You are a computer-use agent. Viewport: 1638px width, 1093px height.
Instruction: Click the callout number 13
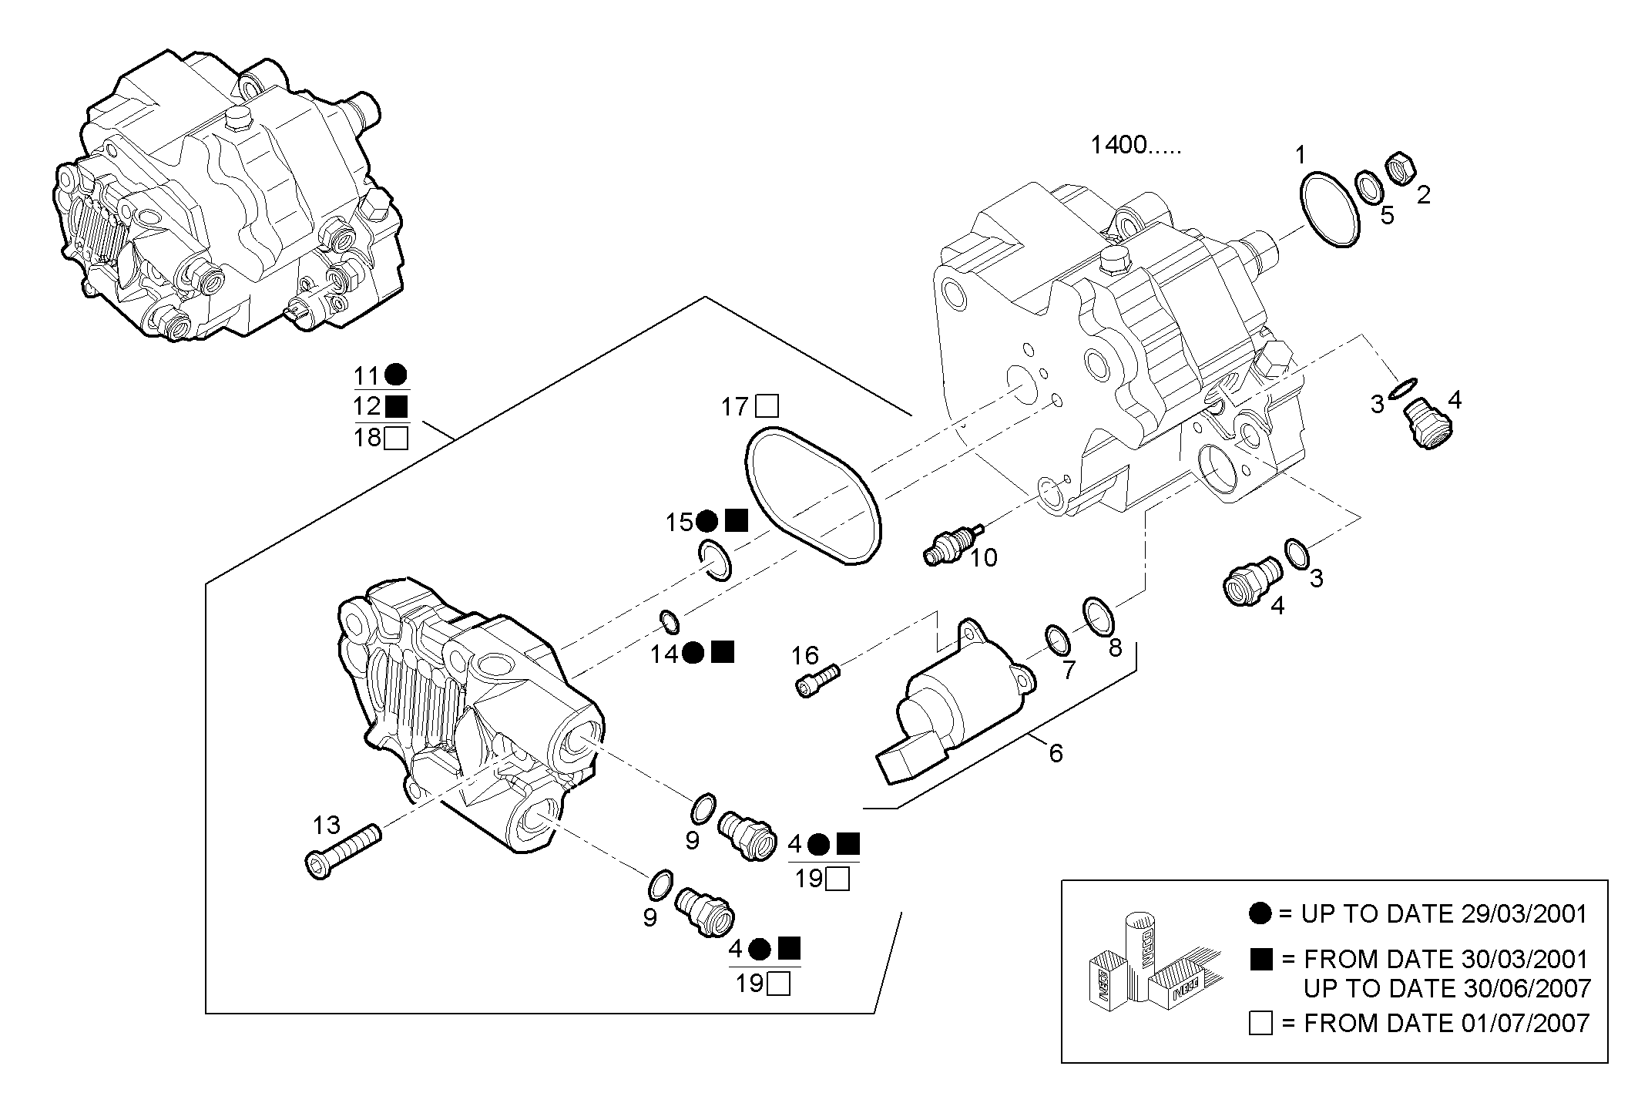click(326, 826)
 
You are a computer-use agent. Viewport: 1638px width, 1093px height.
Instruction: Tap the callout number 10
click(983, 557)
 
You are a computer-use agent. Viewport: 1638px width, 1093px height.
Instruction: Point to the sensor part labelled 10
click(952, 544)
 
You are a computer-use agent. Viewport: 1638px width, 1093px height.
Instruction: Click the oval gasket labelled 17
click(812, 496)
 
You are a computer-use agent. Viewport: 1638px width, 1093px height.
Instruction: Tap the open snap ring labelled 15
click(717, 561)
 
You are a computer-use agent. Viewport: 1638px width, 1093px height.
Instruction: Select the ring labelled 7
click(1057, 639)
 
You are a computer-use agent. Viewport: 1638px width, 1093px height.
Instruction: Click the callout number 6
click(1056, 753)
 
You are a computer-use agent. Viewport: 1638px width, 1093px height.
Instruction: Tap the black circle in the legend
click(1260, 914)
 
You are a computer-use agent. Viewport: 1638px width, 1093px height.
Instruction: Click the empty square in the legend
click(1260, 1024)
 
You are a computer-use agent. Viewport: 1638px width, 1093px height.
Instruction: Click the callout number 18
click(368, 438)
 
